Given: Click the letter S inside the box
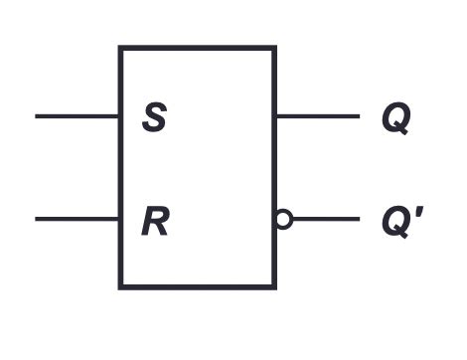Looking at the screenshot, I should (x=154, y=119).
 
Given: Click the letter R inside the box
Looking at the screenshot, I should (x=154, y=222).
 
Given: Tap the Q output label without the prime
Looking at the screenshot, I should (x=395, y=120).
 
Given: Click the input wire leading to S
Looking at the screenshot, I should (x=78, y=116).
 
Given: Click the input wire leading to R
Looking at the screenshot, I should (x=78, y=219).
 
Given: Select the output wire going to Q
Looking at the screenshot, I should (x=318, y=116).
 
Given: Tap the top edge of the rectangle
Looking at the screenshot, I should (x=198, y=47).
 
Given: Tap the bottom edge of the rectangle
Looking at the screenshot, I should (x=198, y=287).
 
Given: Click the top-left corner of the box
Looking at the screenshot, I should (x=121, y=47).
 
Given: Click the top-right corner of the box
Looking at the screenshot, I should (x=274, y=47).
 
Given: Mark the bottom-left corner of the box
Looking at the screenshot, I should (x=121, y=287).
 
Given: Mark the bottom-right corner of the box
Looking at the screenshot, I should (x=274, y=287).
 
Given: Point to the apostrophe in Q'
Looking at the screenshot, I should (x=424, y=211).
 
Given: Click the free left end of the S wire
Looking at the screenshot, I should (x=37, y=116).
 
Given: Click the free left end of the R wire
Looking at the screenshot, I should (x=37, y=219).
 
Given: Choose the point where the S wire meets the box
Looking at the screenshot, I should (x=120, y=116).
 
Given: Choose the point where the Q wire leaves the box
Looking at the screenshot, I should (x=275, y=116).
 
